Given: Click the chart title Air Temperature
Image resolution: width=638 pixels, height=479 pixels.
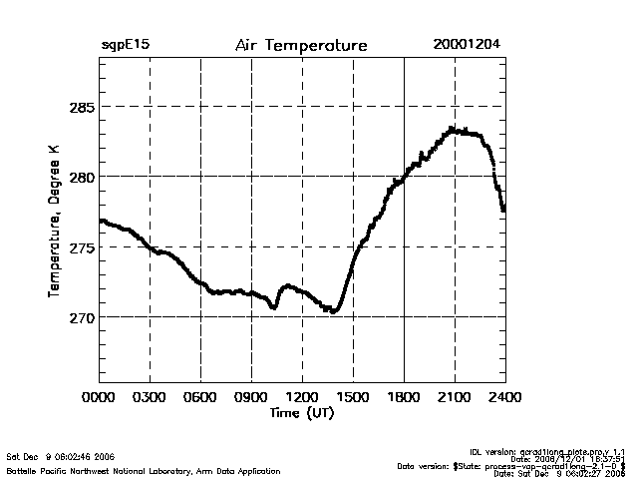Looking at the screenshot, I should [301, 46].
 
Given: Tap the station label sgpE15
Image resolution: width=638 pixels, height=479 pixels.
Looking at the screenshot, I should [125, 45].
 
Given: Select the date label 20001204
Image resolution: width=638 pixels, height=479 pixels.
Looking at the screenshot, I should [467, 45].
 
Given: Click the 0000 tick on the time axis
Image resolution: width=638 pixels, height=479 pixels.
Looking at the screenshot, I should [100, 396].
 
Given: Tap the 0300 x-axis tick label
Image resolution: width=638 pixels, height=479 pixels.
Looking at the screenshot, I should [150, 396].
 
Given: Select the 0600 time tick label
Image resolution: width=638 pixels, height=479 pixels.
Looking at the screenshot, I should [200, 396].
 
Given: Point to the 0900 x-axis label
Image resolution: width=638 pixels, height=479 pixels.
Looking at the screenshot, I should [251, 396].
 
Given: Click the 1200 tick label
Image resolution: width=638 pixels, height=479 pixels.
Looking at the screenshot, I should [302, 396].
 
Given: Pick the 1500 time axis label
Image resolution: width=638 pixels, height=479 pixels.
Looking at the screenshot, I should [353, 396].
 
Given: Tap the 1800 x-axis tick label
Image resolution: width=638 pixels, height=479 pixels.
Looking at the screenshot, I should [404, 396].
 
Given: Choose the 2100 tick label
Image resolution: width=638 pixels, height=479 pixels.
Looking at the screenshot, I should [455, 396].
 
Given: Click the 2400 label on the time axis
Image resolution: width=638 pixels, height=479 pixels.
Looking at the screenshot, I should [504, 396].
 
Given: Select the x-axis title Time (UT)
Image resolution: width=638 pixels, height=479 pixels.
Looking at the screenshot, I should [302, 412].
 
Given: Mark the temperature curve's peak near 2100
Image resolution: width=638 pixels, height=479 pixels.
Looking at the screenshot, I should [453, 129].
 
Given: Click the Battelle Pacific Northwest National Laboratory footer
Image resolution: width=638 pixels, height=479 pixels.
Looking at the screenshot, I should [143, 470].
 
